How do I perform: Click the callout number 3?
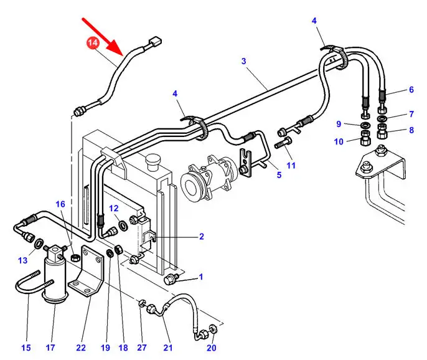point(244,61)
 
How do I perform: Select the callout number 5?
point(279,175)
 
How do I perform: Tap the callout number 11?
point(291,165)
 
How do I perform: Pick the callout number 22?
point(80,347)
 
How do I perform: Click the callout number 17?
point(50,347)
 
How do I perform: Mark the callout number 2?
point(201,237)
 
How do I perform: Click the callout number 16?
point(60,204)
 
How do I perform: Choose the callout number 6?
point(411,90)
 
